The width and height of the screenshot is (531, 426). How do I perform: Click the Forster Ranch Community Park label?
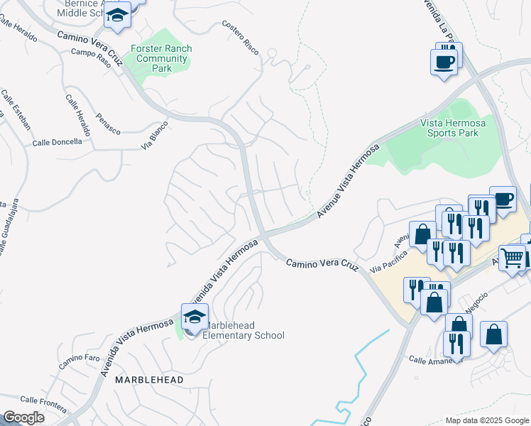tap(161, 58)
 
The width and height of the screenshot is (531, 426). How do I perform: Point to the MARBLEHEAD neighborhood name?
tap(149, 380)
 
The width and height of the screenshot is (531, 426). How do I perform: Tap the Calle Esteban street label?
tap(16, 109)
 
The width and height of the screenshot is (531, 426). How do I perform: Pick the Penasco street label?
tap(109, 123)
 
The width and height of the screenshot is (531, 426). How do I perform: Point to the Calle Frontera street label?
tap(43, 403)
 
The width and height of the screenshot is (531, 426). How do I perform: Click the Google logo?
tap(23, 417)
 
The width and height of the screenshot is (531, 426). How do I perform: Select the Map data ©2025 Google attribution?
tap(486, 420)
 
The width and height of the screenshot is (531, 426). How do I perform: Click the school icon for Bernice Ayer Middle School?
tap(117, 16)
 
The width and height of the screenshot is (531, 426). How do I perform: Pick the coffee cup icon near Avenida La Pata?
tap(444, 61)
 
